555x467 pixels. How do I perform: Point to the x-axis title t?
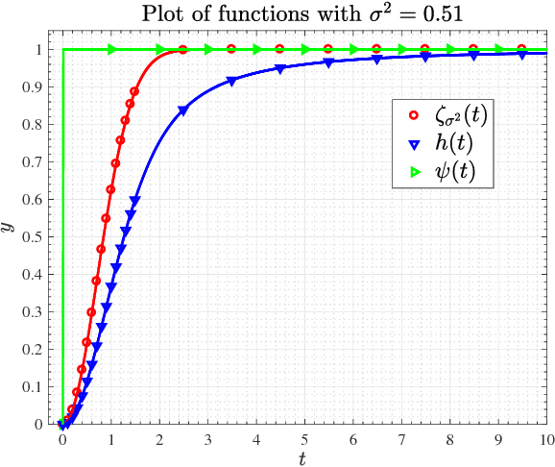302,458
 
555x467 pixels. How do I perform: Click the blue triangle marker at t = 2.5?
183,111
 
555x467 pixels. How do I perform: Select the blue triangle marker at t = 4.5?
280,69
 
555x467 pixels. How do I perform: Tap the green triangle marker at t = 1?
111,49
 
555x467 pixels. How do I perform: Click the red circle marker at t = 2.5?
183,50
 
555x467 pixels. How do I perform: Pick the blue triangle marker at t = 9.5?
522,55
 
